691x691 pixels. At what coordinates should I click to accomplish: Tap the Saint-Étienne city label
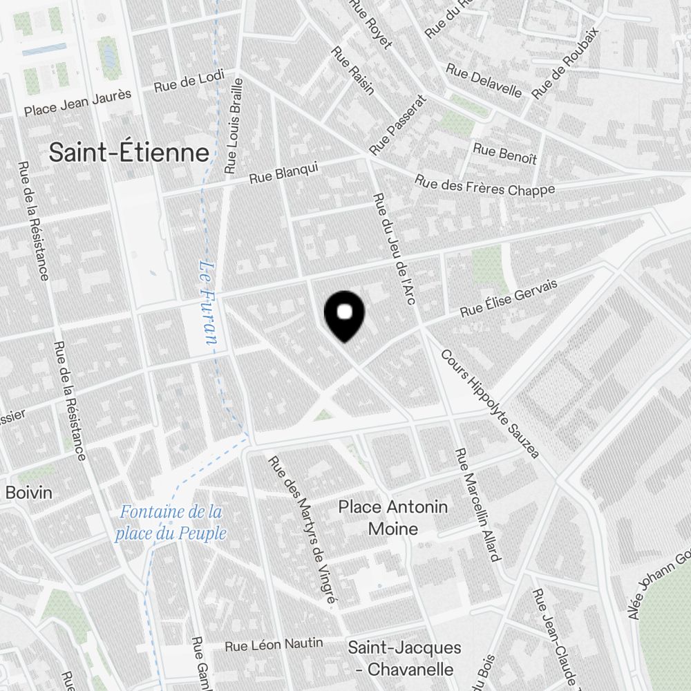pos(129,153)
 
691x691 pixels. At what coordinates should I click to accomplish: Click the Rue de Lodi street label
pos(184,84)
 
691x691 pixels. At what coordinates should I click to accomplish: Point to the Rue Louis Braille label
pos(235,125)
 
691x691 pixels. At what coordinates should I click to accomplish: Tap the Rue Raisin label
pos(353,70)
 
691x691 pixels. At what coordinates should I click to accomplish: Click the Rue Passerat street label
pos(399,124)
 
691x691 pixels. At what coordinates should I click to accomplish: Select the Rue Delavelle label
pos(484,82)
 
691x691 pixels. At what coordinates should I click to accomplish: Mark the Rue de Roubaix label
pos(564,63)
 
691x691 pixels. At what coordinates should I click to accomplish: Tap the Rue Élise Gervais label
pos(509,299)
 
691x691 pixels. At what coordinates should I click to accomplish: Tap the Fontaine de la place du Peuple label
pos(171,522)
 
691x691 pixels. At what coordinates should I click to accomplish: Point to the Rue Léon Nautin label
pos(274,645)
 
